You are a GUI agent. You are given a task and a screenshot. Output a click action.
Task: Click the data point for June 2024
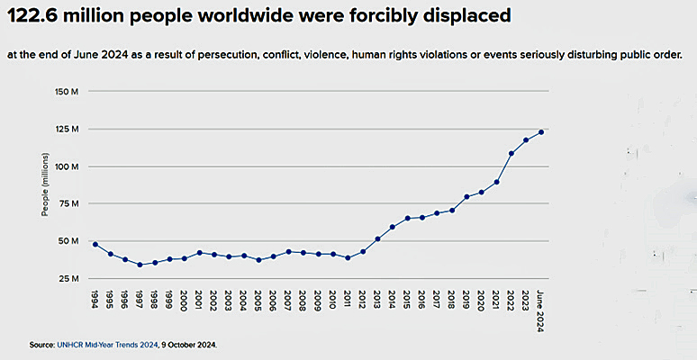pos(542,131)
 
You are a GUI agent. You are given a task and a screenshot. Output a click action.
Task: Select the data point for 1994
pos(95,244)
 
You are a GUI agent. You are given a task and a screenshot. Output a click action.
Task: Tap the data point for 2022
pos(511,153)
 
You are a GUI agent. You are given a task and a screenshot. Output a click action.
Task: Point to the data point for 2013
pos(377,238)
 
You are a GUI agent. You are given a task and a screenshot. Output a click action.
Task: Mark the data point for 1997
pos(140,265)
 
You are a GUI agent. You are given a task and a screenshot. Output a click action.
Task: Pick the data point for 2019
pos(466,197)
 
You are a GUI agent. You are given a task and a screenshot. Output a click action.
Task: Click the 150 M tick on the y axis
pos(68,92)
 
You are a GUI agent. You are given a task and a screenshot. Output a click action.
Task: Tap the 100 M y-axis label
pos(68,166)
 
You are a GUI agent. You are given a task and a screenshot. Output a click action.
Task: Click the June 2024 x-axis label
pos(542,310)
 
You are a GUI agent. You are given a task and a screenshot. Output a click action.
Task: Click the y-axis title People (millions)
pos(45,185)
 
